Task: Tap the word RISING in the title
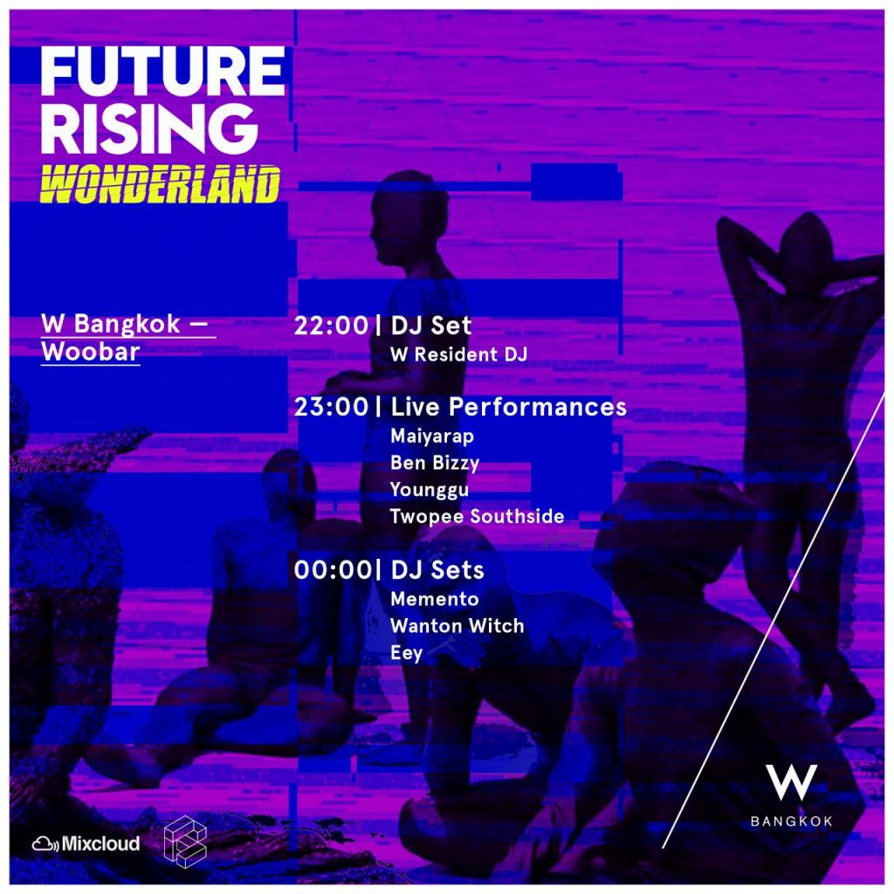[x=149, y=128]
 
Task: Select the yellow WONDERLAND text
[x=161, y=184]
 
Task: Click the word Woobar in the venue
[x=91, y=351]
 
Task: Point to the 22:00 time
[x=331, y=326]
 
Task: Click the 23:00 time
[x=331, y=407]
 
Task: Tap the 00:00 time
[x=333, y=569]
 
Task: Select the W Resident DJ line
[x=459, y=354]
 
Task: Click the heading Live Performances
[x=509, y=407]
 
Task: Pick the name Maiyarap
[x=432, y=437]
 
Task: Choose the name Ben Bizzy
[x=435, y=463]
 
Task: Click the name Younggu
[x=430, y=490]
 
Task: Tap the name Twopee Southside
[x=478, y=516]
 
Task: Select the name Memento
[x=435, y=599]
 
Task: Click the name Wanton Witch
[x=457, y=625]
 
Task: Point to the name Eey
[x=407, y=653]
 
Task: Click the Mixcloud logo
[x=86, y=843]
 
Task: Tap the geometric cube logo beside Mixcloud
[x=185, y=841]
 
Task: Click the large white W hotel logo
[x=791, y=782]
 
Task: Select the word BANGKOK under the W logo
[x=791, y=821]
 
